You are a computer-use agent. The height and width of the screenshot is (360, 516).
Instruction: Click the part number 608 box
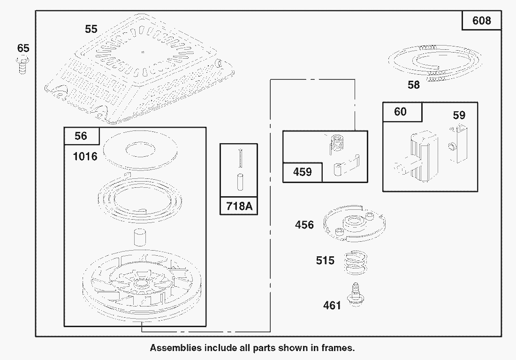tap(482, 21)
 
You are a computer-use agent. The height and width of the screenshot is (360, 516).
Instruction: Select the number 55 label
tap(91, 29)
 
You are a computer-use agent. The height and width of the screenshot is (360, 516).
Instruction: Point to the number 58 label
tap(414, 85)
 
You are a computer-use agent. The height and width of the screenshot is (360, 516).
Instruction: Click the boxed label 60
tap(401, 112)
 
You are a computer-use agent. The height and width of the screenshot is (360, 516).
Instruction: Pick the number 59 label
tap(459, 115)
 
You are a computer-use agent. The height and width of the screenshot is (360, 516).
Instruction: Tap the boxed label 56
tap(81, 136)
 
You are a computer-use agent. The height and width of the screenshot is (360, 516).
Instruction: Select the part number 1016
tap(85, 156)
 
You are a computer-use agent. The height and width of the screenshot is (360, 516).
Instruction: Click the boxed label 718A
tap(239, 206)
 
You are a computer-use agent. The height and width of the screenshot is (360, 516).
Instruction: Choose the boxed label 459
tap(302, 172)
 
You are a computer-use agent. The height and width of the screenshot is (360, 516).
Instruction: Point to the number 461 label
tap(332, 306)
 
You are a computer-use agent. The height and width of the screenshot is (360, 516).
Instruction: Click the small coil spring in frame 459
tap(334, 143)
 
